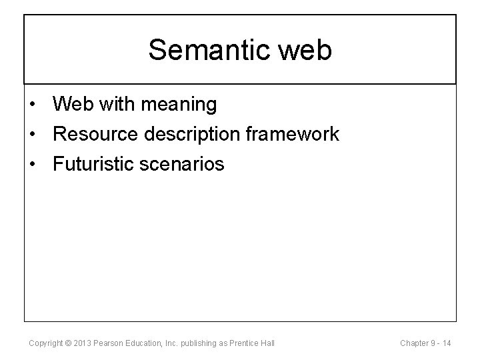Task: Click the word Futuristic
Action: tap(93, 163)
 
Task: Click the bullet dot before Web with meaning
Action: tap(33, 105)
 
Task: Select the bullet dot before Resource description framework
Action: tap(33, 134)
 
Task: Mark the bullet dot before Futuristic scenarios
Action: tap(33, 163)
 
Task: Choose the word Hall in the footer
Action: tap(267, 343)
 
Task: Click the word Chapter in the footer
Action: tap(414, 343)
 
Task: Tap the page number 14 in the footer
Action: tap(446, 343)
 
